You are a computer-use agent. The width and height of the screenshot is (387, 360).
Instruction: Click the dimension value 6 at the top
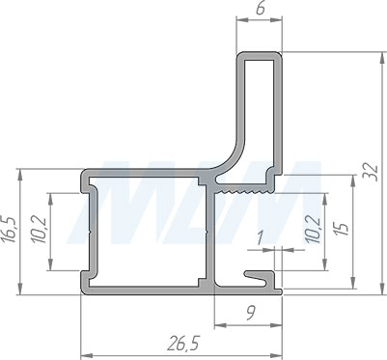(x=261, y=9)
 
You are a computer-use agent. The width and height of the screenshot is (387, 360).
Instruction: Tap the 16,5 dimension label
(x=9, y=230)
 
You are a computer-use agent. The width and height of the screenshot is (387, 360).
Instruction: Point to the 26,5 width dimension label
(x=183, y=345)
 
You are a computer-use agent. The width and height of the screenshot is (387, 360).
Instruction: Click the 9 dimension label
(x=251, y=314)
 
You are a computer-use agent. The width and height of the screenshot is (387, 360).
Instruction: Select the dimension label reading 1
(x=260, y=238)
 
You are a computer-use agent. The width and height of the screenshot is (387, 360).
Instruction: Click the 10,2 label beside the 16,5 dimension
(x=40, y=231)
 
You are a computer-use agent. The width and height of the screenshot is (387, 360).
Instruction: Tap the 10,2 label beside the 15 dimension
(x=313, y=229)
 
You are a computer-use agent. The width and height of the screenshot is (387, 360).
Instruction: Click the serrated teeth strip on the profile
(x=244, y=192)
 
